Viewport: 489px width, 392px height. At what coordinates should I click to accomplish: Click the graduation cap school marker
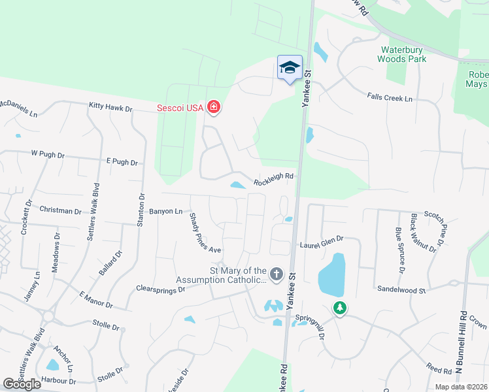(x=290, y=67)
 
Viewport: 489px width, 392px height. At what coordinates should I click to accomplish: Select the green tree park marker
(x=339, y=308)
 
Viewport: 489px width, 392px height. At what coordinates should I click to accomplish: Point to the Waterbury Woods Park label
(x=402, y=54)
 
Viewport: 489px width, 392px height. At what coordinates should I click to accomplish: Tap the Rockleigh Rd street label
(x=274, y=176)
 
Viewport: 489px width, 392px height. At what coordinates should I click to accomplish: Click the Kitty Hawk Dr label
(x=110, y=105)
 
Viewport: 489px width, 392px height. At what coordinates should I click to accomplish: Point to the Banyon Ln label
(x=166, y=211)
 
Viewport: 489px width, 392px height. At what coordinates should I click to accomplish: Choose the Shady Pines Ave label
(x=205, y=233)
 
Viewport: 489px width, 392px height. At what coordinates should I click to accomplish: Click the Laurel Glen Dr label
(x=322, y=242)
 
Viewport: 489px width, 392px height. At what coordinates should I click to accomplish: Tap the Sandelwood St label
(x=401, y=289)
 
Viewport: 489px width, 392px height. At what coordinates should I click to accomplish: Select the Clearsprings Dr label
(x=161, y=287)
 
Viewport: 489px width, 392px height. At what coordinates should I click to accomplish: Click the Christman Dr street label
(x=60, y=210)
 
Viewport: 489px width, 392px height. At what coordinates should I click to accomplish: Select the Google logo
(x=22, y=384)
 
